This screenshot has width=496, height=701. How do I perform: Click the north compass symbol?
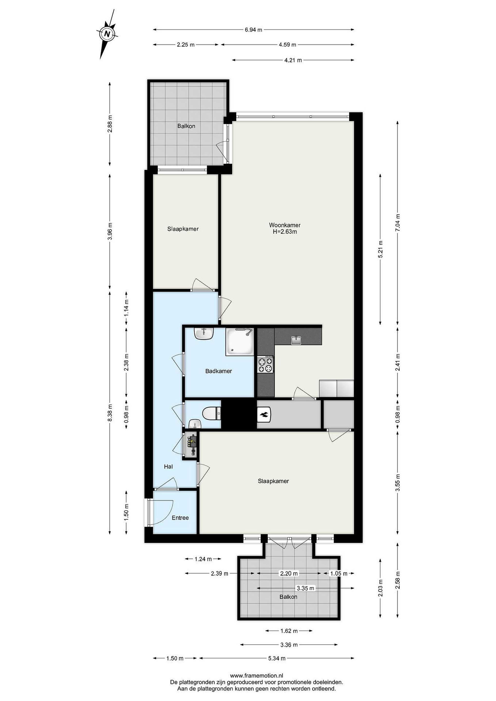point(107,34)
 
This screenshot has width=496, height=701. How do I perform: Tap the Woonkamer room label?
point(285,225)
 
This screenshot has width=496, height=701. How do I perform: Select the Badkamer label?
point(218,371)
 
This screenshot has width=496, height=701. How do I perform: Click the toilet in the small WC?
point(212,414)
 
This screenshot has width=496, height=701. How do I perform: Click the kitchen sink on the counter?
point(296,340)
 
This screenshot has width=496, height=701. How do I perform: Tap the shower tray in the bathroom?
point(240,342)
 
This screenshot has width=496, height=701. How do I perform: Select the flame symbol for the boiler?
point(263,414)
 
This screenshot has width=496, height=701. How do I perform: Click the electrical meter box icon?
point(191,445)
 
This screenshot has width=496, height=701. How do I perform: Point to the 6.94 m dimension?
point(253,30)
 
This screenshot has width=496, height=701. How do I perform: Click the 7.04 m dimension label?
point(398,223)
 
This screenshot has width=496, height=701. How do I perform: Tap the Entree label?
point(180,517)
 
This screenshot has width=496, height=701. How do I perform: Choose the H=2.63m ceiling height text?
point(285,232)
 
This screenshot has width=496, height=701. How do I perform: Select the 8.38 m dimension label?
point(110,413)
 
